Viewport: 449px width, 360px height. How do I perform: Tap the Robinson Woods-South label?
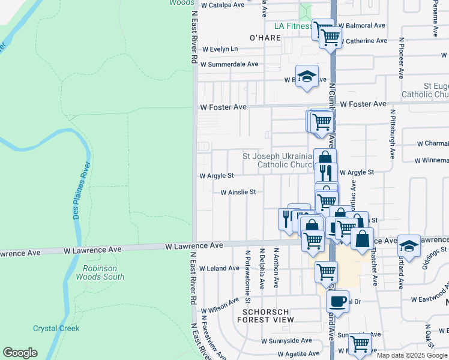tap(100, 272)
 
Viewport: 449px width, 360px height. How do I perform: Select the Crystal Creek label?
tap(56, 328)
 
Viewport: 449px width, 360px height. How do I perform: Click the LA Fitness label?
tap(293, 26)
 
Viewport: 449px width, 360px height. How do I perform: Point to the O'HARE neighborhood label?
tap(265, 38)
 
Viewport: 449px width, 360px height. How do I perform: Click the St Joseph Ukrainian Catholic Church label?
tap(279, 160)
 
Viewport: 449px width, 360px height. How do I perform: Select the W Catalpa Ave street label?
tap(223, 4)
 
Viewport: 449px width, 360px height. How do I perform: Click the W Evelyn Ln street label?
tap(220, 49)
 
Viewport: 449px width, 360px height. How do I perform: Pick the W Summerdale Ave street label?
tap(229, 64)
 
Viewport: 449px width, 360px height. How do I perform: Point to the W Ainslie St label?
tap(238, 193)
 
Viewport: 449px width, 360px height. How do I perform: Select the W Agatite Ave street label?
tap(286, 353)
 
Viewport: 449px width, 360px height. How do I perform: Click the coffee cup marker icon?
tap(337, 300)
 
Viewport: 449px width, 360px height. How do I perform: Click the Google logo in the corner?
tap(20, 353)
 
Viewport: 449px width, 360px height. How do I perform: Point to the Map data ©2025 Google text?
tap(411, 355)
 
